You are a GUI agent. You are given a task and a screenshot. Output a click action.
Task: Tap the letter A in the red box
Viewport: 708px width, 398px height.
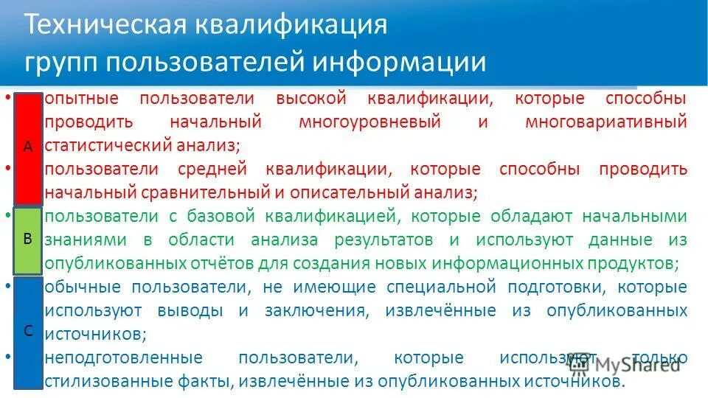click(27, 147)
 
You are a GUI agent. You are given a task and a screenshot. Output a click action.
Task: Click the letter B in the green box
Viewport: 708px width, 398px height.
click(27, 239)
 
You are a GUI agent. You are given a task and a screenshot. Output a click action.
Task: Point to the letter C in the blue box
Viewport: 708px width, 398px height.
click(27, 331)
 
